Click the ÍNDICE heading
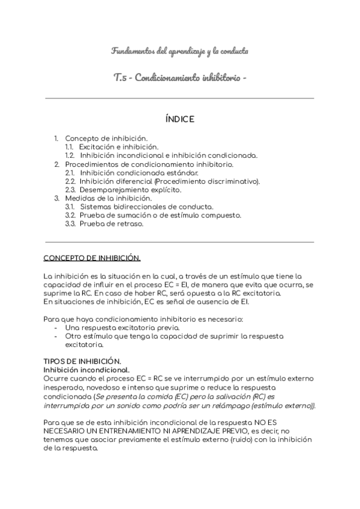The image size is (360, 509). [179, 119]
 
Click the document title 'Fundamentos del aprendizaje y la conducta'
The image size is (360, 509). [179, 51]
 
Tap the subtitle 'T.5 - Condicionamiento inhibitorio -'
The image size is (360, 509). [179, 78]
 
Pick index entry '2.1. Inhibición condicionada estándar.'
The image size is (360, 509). [131, 173]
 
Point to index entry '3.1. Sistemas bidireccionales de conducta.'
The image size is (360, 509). [139, 206]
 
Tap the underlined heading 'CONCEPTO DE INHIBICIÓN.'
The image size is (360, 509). [92, 258]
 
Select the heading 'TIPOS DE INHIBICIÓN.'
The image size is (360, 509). [82, 361]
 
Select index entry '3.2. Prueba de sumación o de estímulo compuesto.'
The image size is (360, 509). [153, 215]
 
